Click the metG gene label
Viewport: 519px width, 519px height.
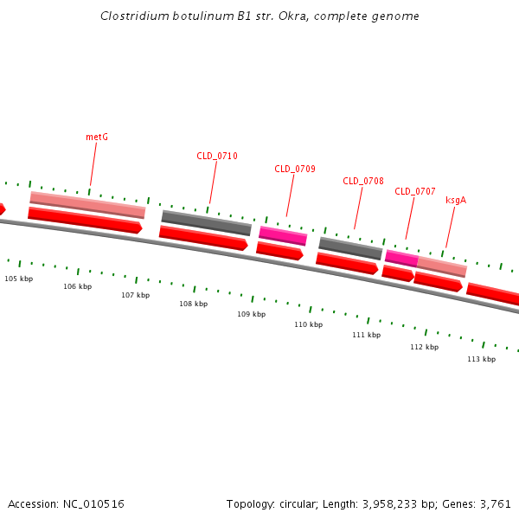[97, 137]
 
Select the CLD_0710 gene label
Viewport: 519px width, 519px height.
[217, 156]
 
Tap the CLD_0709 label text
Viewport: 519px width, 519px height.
[295, 169]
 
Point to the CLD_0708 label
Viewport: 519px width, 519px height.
[363, 181]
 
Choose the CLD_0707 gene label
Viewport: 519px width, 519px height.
[415, 191]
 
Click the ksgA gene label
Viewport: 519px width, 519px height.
[456, 200]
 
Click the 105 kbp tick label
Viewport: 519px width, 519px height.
[19, 279]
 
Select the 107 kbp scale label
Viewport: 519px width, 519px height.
[135, 295]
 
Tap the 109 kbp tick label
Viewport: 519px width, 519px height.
[252, 314]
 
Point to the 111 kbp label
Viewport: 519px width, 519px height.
[367, 335]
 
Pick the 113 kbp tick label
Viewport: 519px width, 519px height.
[482, 359]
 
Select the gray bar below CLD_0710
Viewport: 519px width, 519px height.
[206, 223]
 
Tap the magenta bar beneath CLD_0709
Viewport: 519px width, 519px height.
[283, 235]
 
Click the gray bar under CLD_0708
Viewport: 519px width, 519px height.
[350, 248]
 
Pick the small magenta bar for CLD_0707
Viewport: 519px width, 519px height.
[401, 258]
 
